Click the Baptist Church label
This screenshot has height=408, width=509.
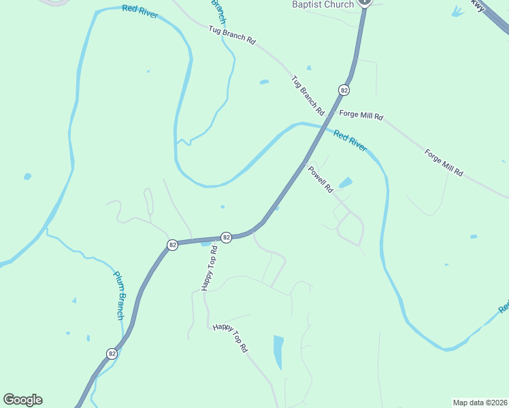[323, 5]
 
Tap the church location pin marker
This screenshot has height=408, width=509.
[365, 2]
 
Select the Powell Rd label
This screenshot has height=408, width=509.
[320, 180]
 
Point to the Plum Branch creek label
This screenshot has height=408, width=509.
[118, 295]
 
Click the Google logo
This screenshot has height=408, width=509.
[22, 400]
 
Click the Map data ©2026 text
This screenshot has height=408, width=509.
[480, 402]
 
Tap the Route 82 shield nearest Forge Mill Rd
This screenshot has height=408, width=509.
[344, 90]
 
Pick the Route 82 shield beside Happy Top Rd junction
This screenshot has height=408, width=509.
[227, 237]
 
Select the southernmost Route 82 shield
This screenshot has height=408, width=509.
[112, 354]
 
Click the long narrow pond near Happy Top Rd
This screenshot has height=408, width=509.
[278, 352]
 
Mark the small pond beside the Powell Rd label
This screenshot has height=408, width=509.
[346, 182]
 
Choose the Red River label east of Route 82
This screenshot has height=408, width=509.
[350, 141]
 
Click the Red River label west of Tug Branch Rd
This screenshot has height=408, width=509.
[140, 12]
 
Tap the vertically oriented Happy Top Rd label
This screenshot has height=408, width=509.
[209, 268]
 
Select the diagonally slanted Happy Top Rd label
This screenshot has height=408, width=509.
[231, 337]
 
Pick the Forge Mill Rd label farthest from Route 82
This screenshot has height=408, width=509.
[444, 163]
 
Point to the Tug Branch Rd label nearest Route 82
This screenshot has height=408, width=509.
[308, 95]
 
